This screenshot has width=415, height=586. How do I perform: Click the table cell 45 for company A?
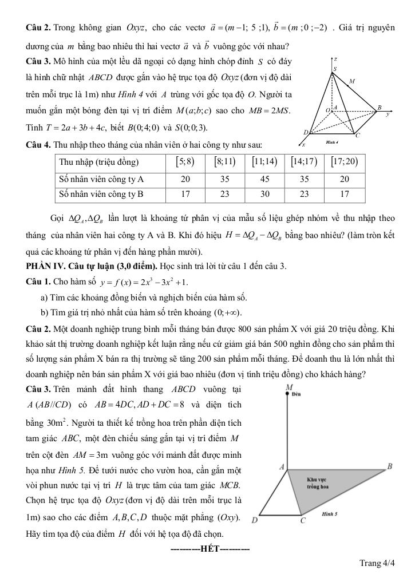pyautogui.click(x=264, y=179)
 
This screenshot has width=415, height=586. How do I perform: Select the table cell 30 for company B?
pyautogui.click(x=264, y=194)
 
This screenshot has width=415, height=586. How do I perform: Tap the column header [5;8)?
pyautogui.click(x=185, y=162)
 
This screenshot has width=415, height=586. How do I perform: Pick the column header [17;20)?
pyautogui.click(x=344, y=162)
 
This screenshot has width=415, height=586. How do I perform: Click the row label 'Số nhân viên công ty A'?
pyautogui.click(x=101, y=179)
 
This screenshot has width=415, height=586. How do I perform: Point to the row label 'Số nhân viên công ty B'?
pyautogui.click(x=101, y=194)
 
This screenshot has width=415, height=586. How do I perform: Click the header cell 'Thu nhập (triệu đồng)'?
pyautogui.click(x=99, y=162)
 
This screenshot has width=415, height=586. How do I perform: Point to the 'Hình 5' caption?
pyautogui.click(x=330, y=514)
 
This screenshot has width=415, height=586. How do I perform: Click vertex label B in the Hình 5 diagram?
pyautogui.click(x=390, y=466)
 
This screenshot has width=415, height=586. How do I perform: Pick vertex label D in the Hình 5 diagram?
pyautogui.click(x=254, y=521)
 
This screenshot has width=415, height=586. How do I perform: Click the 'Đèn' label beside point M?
pyautogui.click(x=297, y=394)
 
